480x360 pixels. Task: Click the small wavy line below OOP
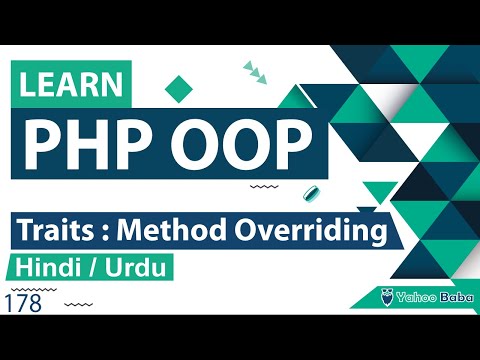click(263, 186)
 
